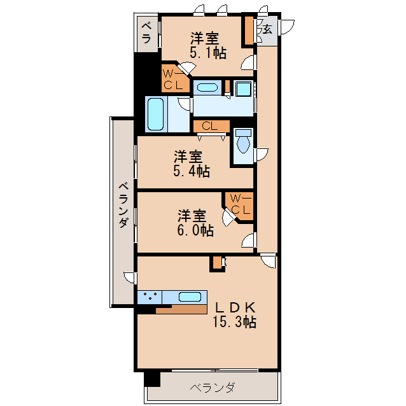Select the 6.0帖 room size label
point(195,230)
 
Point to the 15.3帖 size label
point(234,322)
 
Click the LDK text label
point(234,306)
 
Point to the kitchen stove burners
point(150,297)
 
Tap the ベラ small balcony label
point(146,32)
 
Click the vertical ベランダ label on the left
point(123,205)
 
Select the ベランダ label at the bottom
point(212,388)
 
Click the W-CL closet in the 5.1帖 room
point(174,78)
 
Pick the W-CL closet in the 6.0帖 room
point(241,204)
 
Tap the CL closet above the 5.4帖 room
point(210,126)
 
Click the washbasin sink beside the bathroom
point(206,87)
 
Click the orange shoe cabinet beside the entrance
point(248,31)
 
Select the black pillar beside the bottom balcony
point(152,378)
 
